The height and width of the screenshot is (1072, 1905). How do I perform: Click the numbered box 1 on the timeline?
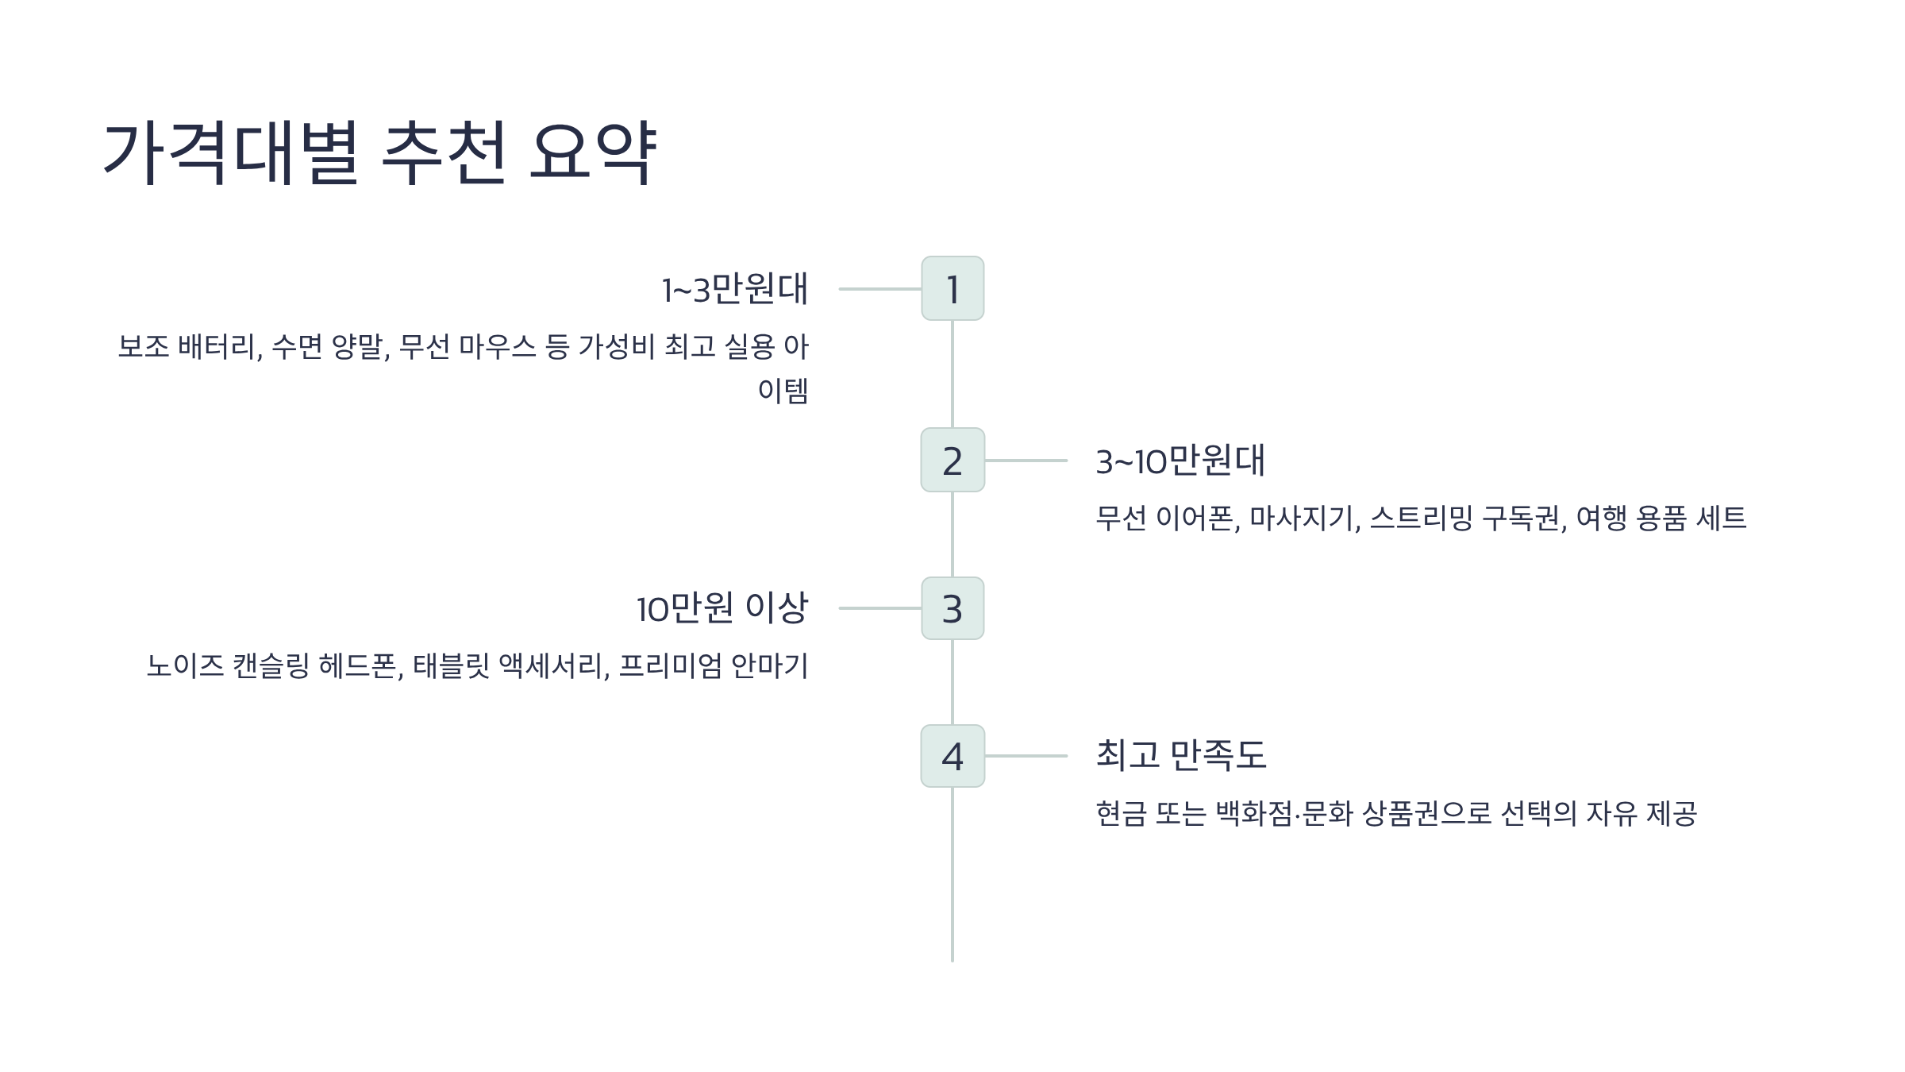[x=952, y=288]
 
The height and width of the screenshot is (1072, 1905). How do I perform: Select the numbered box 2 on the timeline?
[x=952, y=460]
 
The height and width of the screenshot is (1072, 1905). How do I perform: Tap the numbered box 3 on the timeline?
[x=952, y=608]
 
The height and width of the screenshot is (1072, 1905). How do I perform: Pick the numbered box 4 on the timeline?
[x=952, y=756]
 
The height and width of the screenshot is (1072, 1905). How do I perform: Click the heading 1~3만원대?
[x=735, y=289]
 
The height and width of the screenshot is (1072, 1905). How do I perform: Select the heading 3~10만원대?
[x=1180, y=461]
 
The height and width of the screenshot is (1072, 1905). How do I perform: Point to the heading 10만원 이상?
[x=722, y=608]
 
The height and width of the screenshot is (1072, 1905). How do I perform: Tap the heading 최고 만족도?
[x=1181, y=755]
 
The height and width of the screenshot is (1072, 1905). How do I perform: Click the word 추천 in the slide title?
[x=443, y=152]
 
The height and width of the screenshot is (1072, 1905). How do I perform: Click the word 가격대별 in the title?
[x=231, y=152]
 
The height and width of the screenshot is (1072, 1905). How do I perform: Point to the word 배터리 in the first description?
[x=219, y=347]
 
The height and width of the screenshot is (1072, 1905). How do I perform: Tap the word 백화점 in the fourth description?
[x=1253, y=814]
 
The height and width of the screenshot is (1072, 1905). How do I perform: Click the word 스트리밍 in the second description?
[x=1421, y=519]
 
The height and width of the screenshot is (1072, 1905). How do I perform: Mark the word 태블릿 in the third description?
[x=451, y=665]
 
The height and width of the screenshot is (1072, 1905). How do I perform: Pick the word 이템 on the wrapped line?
[x=783, y=391]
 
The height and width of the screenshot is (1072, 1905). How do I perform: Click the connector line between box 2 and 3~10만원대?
[x=1026, y=461]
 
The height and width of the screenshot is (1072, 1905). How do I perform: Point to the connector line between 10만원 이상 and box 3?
[x=879, y=608]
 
